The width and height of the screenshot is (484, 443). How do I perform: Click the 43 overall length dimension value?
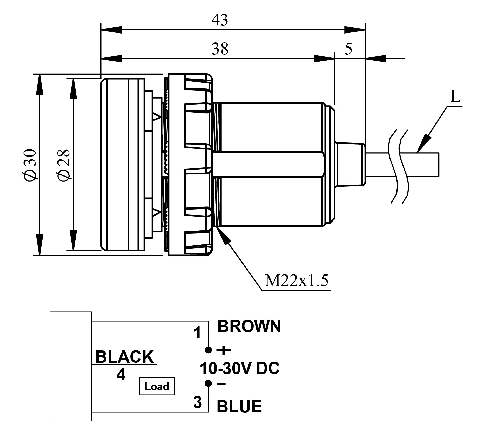[220, 20]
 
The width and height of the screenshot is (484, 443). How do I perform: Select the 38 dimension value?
[220, 49]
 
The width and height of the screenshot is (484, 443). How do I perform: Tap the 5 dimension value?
[348, 49]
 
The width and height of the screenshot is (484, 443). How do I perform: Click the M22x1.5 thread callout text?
[296, 281]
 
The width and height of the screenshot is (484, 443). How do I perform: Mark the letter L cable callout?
[455, 97]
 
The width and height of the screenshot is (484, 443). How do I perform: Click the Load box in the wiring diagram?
[157, 386]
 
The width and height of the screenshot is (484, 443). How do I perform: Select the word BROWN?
[249, 327]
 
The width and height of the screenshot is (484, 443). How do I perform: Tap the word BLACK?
[125, 357]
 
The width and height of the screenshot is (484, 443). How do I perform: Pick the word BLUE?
[239, 407]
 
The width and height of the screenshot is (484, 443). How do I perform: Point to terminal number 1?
[198, 333]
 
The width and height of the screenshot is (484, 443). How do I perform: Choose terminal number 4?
[121, 375]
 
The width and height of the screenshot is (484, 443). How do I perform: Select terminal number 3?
[198, 402]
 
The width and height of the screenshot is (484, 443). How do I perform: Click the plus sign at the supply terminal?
[224, 350]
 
